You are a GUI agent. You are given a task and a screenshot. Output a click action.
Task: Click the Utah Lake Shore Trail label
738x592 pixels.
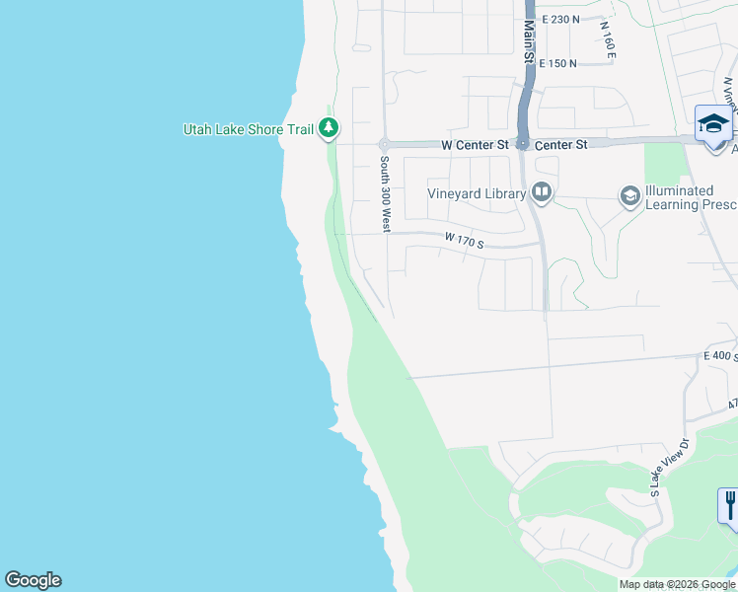[248, 129]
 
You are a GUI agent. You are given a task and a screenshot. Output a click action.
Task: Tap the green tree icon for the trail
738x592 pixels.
[330, 128]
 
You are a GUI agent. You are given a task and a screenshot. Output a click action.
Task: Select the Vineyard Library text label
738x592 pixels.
[477, 193]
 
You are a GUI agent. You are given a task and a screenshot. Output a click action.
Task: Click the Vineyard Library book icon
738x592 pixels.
[541, 192]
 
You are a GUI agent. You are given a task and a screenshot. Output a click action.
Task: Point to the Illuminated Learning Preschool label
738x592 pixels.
[678, 197]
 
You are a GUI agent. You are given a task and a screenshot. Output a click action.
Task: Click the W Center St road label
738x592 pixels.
[475, 145]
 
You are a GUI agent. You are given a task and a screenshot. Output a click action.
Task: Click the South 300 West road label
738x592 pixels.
[385, 193]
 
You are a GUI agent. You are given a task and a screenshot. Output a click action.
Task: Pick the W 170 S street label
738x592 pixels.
[464, 240]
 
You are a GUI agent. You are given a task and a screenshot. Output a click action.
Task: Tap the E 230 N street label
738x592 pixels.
[553, 19]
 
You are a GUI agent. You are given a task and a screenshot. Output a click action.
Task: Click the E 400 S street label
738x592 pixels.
[719, 355]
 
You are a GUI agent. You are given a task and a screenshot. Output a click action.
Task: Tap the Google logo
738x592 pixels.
[33, 580]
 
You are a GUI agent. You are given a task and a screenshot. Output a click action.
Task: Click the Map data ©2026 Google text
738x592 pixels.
[677, 584]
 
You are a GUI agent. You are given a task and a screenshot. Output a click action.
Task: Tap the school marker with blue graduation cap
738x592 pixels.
[713, 124]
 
